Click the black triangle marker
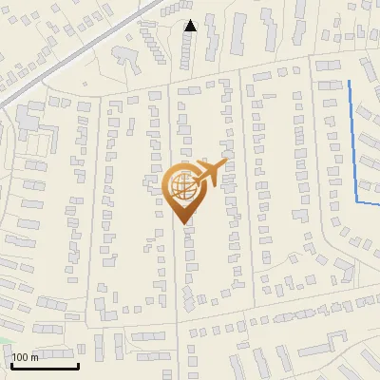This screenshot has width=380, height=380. coord(190,26)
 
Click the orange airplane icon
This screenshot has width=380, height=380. coord(211,174)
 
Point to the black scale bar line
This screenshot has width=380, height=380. coord(45,367)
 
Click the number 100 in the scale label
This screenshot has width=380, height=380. coord(21,357)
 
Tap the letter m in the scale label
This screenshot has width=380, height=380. coord(35,357)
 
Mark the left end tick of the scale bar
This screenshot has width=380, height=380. coord(11,365)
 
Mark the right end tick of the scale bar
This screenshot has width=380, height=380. coord(78,365)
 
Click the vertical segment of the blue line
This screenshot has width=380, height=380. coord(353,142)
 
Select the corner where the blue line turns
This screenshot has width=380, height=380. coord(357,202)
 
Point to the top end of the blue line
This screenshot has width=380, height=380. coord(350,82)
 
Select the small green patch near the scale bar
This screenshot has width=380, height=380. coord(4,342)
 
